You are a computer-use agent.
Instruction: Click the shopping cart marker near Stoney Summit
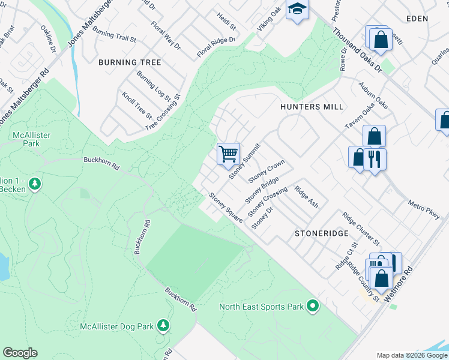pyautogui.click(x=228, y=154)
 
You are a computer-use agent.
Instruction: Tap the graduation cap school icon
pyautogui.click(x=297, y=10)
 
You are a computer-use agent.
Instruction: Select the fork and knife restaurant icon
pyautogui.click(x=375, y=160)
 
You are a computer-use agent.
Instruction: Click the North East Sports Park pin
pyautogui.click(x=312, y=307)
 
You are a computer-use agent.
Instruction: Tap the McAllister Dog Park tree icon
pyautogui.click(x=163, y=326)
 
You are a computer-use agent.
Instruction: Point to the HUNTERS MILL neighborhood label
pyautogui.click(x=312, y=107)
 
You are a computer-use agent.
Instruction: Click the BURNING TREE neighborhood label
pyautogui.click(x=130, y=62)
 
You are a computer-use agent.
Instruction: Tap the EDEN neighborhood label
pyautogui.click(x=417, y=19)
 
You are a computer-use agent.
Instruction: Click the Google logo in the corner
pyautogui.click(x=20, y=353)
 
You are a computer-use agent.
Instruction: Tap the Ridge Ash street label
pyautogui.click(x=306, y=196)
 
